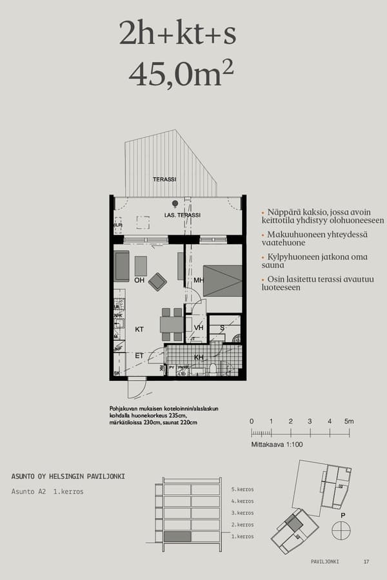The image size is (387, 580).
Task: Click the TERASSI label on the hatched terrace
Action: pyautogui.click(x=164, y=179)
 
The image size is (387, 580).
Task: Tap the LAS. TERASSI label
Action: pyautogui.click(x=183, y=215)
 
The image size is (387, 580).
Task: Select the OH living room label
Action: pyautogui.click(x=139, y=280)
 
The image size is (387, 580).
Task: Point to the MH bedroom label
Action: pyautogui.click(x=199, y=281)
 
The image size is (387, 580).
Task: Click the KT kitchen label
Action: pyautogui.click(x=139, y=329)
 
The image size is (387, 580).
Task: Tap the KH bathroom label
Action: pyautogui.click(x=199, y=357)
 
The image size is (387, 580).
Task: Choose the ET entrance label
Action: pyautogui.click(x=139, y=356)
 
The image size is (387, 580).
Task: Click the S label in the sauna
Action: pyautogui.click(x=222, y=328)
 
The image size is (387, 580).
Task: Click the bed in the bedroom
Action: pyautogui.click(x=223, y=280)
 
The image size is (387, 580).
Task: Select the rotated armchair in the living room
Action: pyautogui.click(x=157, y=282)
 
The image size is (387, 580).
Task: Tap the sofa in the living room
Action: pyautogui.click(x=122, y=266)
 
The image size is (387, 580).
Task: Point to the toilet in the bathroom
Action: pyautogui.click(x=212, y=369)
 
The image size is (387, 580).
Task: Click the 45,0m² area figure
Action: pyautogui.click(x=181, y=74)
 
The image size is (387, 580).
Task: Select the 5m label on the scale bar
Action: pyautogui.click(x=349, y=421)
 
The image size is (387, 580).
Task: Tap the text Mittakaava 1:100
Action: pyautogui.click(x=277, y=445)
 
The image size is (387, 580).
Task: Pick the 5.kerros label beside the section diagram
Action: pyautogui.click(x=243, y=489)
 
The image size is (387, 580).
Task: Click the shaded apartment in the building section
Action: pyautogui.click(x=177, y=536)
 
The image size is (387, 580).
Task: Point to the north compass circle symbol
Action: pyautogui.click(x=341, y=531)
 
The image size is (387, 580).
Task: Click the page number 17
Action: pyautogui.click(x=366, y=562)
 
